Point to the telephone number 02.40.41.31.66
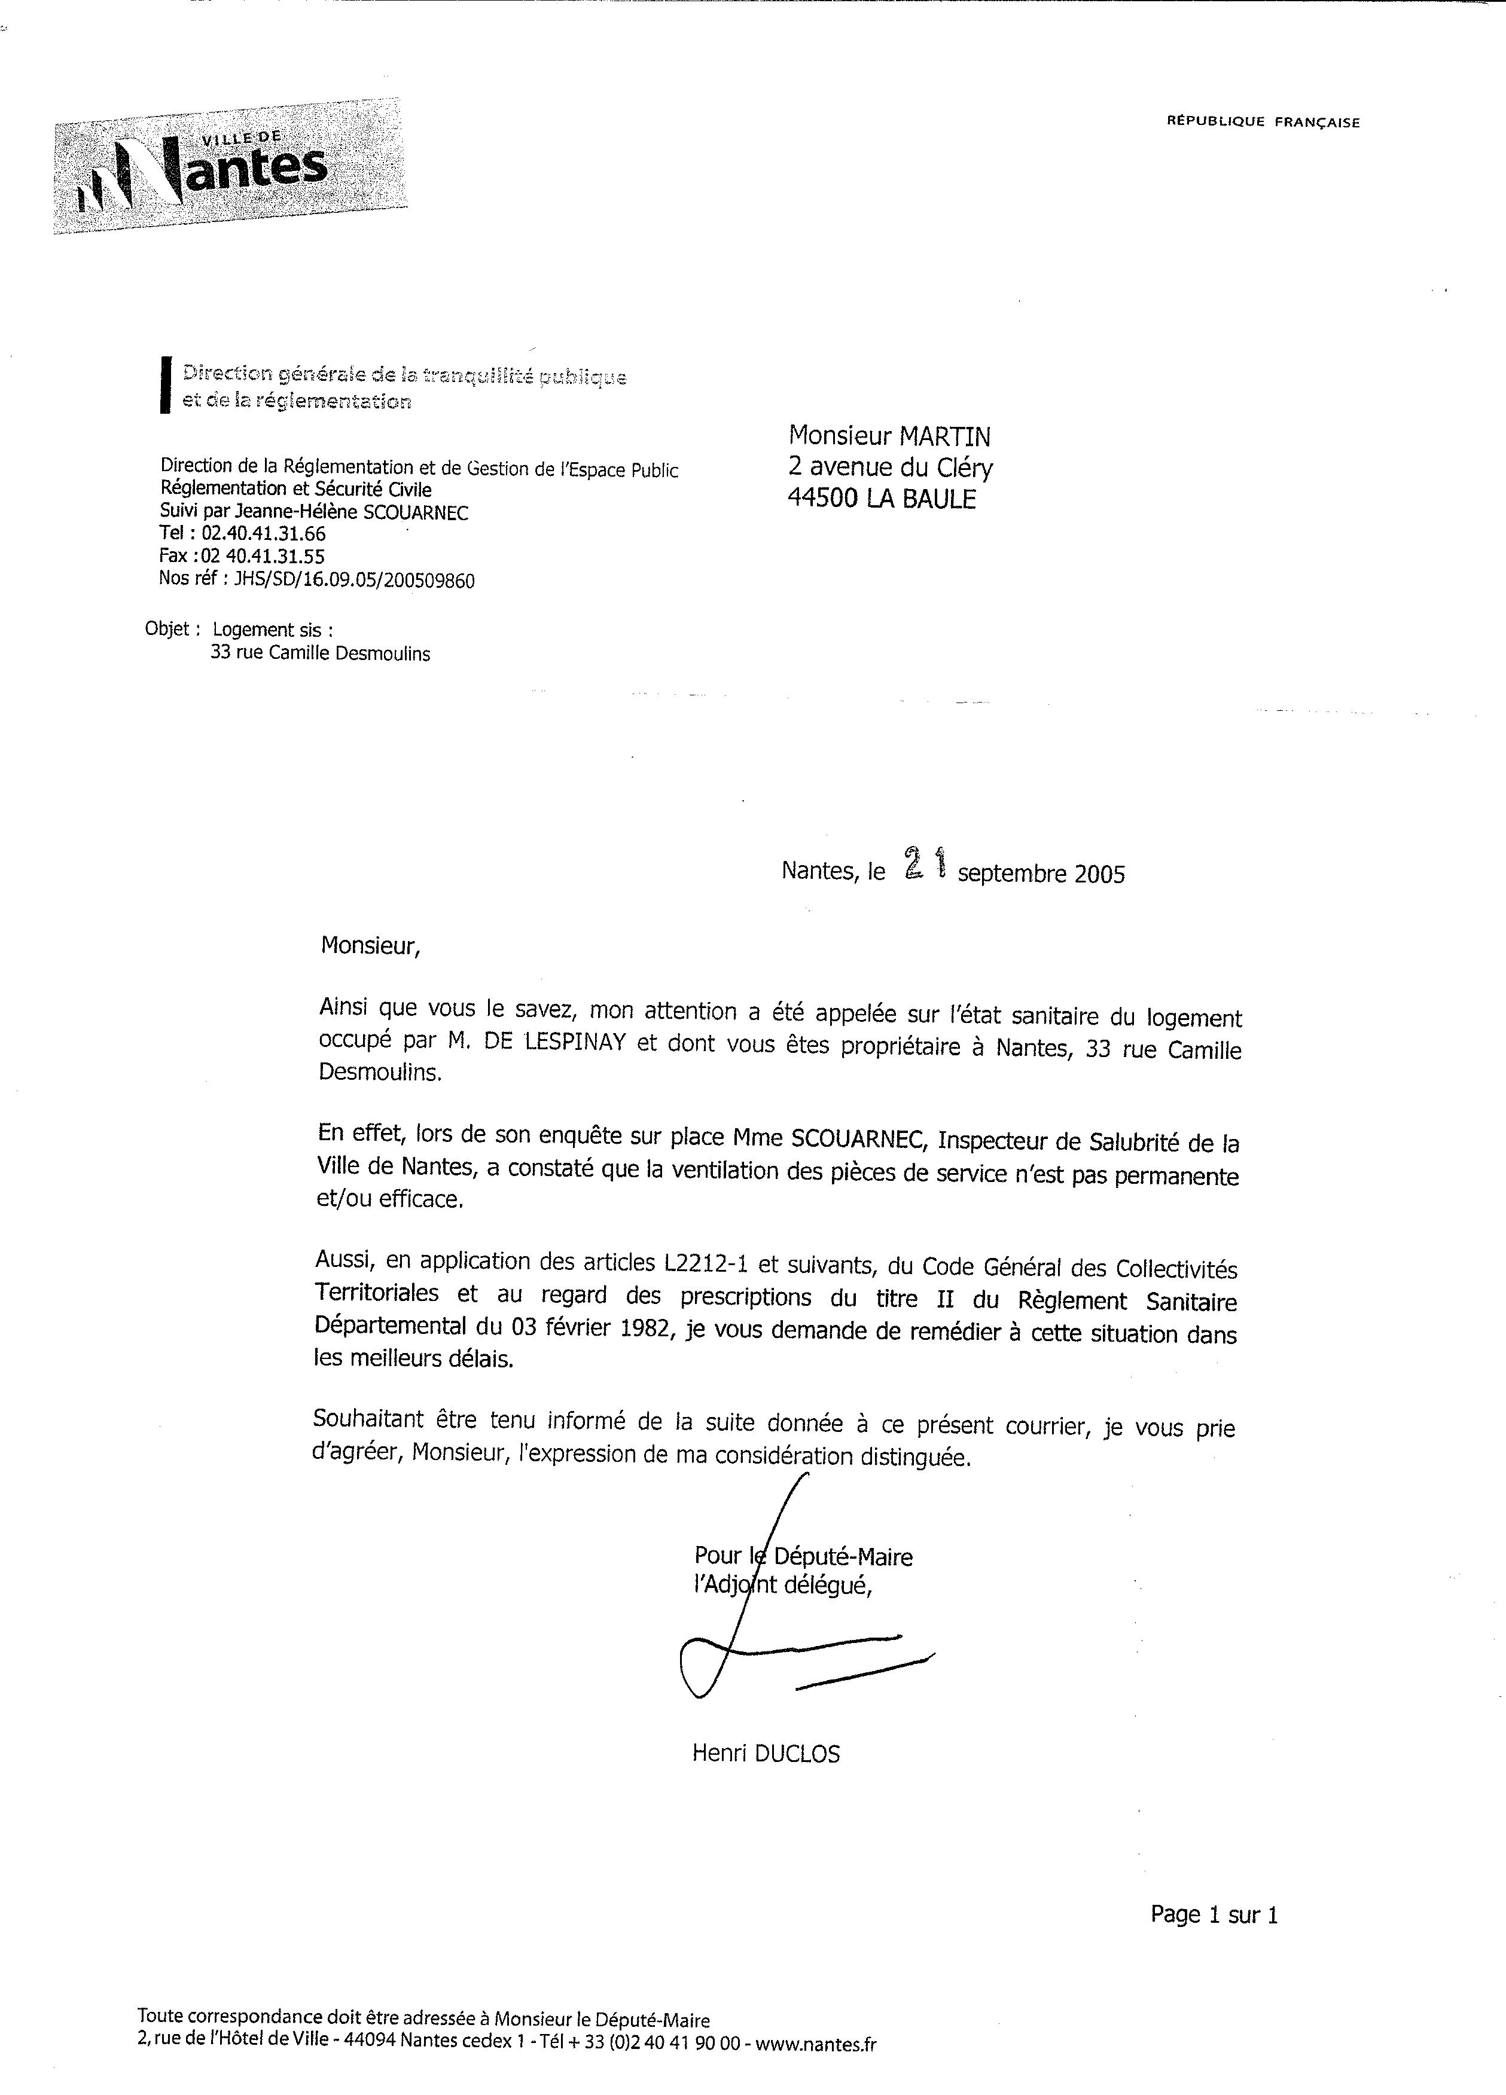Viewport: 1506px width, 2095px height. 263,534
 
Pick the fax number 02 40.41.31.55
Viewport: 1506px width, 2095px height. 268,556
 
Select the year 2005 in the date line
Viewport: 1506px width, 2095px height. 1099,874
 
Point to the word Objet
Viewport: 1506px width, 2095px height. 167,629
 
